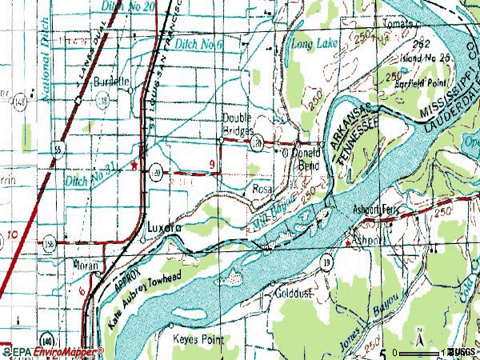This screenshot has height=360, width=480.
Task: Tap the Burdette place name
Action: click(111, 82)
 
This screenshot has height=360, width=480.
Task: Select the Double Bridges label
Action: click(238, 124)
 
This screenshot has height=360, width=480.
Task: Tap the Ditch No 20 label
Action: click(129, 6)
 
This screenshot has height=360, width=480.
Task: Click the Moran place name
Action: click(85, 266)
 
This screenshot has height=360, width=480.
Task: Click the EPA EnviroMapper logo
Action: click(52, 352)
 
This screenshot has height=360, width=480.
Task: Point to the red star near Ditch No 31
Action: click(134, 165)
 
